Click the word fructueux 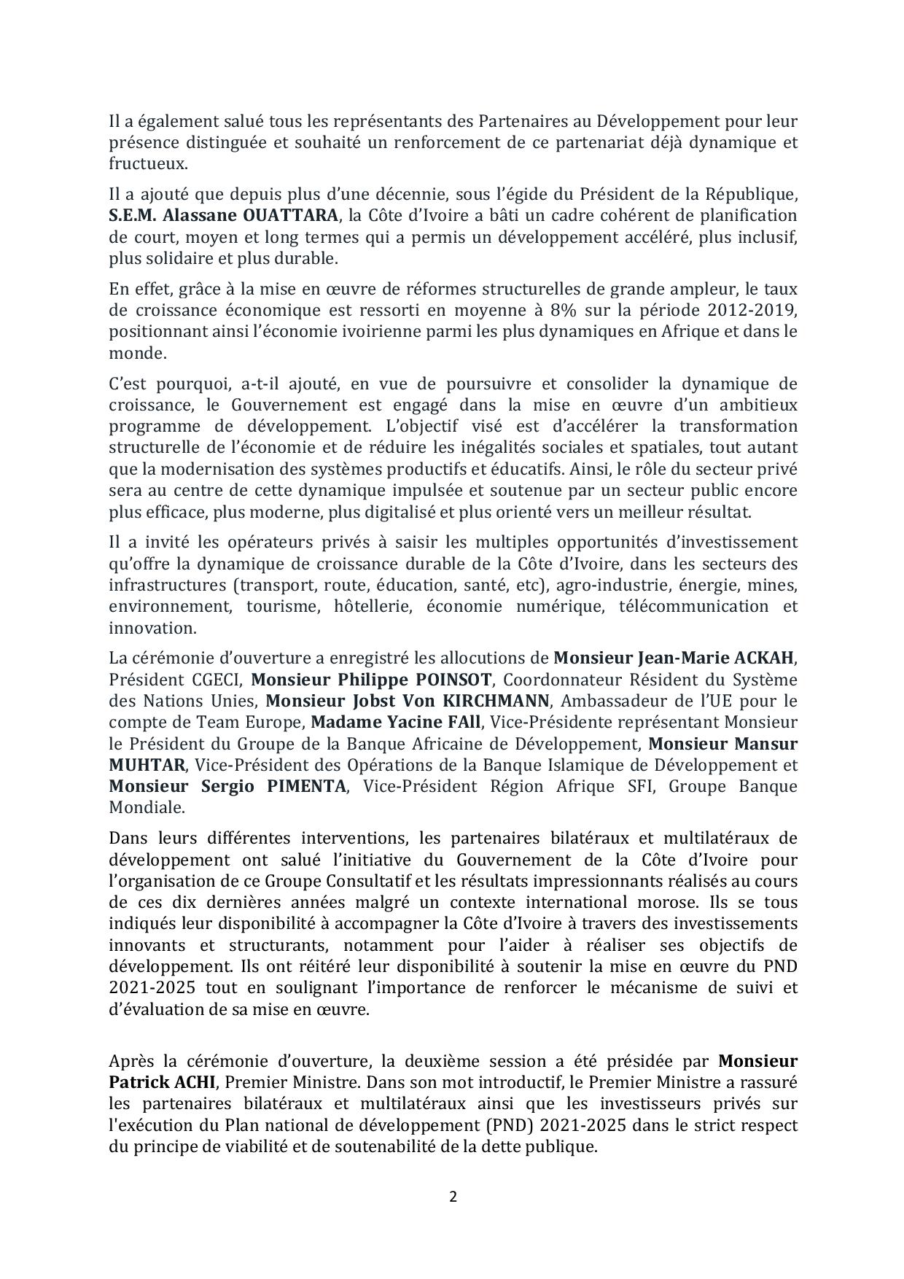(148, 164)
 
